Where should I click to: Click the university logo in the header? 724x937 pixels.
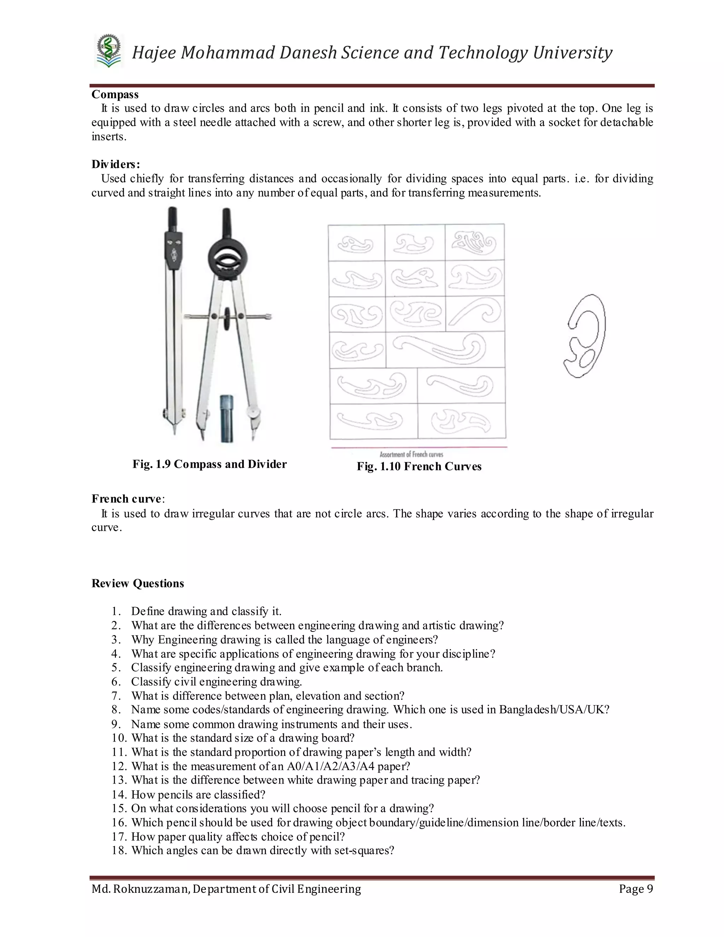click(109, 52)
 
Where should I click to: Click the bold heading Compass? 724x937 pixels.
click(115, 94)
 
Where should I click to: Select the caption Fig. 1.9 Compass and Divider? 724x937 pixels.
click(209, 464)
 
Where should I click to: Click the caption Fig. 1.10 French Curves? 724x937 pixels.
click(419, 467)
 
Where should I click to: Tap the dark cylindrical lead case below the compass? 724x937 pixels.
click(227, 419)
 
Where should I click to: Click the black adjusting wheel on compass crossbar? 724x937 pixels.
click(227, 318)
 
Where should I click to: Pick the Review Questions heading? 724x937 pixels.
click(138, 583)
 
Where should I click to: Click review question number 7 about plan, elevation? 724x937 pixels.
click(268, 696)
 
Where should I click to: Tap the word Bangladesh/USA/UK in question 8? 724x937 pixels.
click(553, 710)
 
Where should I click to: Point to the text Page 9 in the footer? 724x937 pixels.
click(636, 889)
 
